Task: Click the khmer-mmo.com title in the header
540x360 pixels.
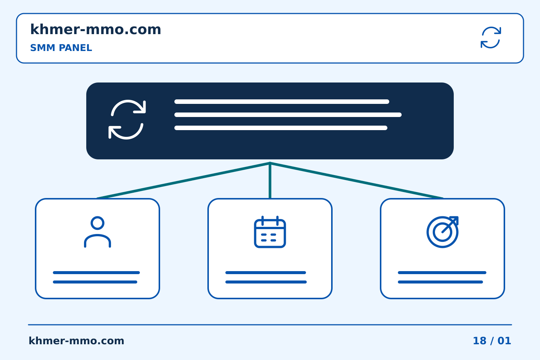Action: tap(96, 29)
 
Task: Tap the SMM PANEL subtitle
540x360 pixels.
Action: tap(61, 48)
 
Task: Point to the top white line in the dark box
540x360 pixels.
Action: tap(282, 102)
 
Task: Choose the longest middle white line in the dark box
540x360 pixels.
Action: tap(288, 115)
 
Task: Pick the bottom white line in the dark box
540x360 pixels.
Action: tap(280, 128)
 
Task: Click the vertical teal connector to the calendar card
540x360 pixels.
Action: tap(270, 180)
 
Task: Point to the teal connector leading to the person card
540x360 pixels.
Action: tap(183, 181)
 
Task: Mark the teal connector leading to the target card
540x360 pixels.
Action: tap(357, 181)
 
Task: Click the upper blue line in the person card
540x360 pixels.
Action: tap(96, 273)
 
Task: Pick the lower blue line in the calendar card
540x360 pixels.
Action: tap(266, 282)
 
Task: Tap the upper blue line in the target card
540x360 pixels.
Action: tap(442, 273)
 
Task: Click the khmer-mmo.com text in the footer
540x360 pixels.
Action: tap(76, 341)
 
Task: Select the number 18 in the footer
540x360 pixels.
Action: tap(480, 341)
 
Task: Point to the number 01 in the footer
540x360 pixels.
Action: tap(504, 341)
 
